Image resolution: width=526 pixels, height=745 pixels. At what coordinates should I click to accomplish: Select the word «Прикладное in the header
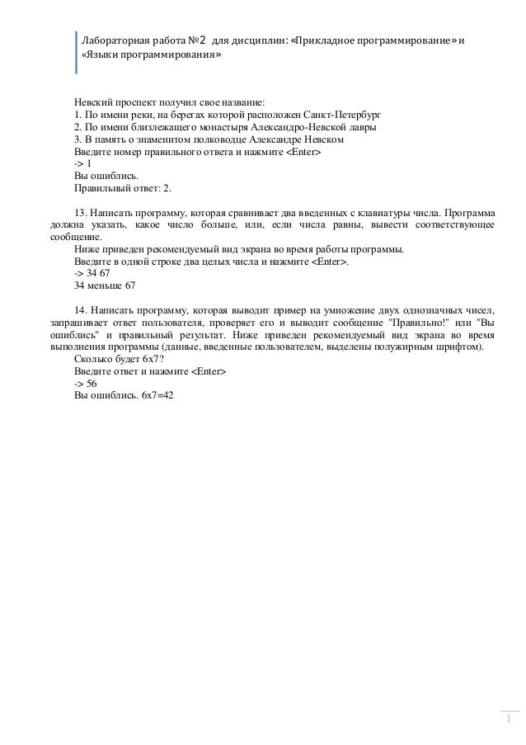(x=327, y=40)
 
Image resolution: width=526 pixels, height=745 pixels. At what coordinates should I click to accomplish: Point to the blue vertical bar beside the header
(x=76, y=52)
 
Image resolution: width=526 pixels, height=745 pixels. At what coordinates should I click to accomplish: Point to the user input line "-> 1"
(x=82, y=164)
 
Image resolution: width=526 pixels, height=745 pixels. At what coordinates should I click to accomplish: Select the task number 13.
(x=79, y=213)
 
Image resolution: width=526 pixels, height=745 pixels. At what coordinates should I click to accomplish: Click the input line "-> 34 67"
(x=92, y=273)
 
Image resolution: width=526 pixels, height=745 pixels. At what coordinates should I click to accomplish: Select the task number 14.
(x=79, y=310)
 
